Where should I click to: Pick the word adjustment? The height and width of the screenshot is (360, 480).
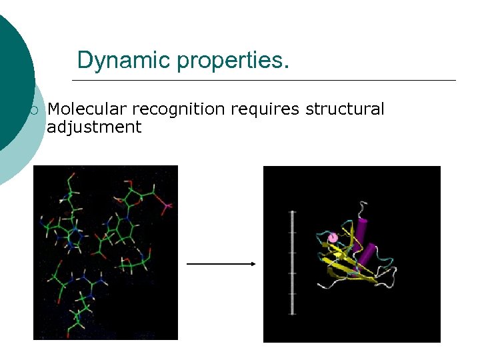(94, 127)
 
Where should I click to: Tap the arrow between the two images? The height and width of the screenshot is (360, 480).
(220, 264)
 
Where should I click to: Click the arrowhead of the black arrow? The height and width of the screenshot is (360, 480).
(253, 264)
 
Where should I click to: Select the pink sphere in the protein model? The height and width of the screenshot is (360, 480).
(332, 237)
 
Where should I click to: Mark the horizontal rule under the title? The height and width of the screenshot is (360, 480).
(263, 81)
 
